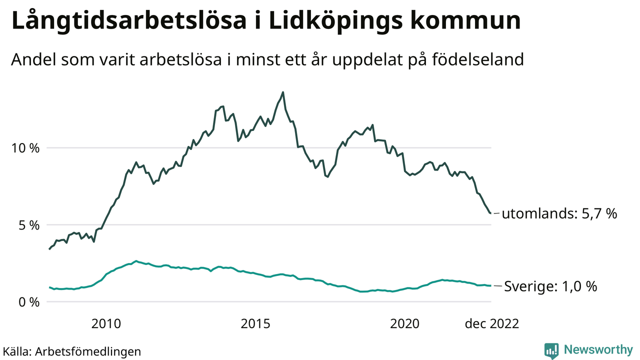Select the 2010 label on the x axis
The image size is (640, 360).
coord(106,324)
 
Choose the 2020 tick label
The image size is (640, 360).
coord(405,324)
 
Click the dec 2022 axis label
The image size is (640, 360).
coord(491,324)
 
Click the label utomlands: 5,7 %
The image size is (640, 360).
coord(559,214)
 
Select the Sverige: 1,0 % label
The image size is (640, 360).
coord(550,287)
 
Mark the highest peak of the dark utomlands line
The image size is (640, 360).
coord(283,92)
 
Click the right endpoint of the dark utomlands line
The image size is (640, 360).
coord(490,213)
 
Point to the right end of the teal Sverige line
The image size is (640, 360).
coord(490,285)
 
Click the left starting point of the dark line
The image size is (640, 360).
coord(49,249)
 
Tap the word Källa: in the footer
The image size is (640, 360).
coord(17,351)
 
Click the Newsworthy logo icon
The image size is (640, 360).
coord(551,350)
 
